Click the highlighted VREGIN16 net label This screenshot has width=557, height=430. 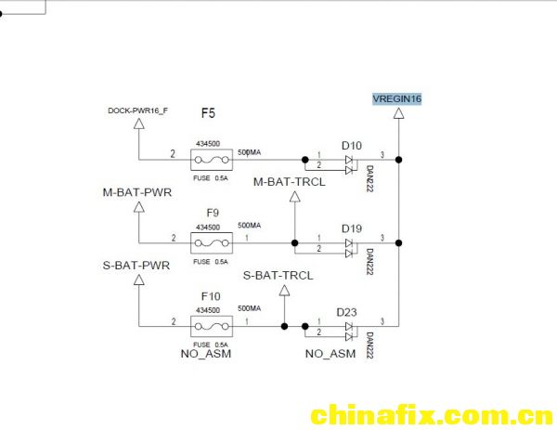[396, 98]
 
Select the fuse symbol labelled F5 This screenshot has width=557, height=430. [212, 160]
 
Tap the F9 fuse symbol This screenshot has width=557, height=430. [212, 243]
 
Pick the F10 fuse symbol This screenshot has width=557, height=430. [212, 326]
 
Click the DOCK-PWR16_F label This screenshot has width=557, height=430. [137, 111]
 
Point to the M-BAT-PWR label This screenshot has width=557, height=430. [137, 192]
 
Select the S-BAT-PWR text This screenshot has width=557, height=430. [136, 266]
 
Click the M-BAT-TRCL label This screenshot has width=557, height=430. [289, 182]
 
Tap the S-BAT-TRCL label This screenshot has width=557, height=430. [278, 276]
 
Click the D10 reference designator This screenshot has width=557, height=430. [352, 146]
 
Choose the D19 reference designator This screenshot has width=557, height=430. [352, 228]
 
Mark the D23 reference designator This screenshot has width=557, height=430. [346, 312]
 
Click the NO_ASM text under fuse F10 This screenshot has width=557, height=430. [206, 354]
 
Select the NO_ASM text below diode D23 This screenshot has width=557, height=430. [330, 354]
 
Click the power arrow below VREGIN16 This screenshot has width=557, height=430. [399, 113]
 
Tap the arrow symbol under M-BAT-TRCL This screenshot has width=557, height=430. [295, 197]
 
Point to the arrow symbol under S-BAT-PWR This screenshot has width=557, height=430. [139, 280]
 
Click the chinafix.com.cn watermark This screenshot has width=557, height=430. [432, 415]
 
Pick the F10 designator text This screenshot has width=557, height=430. [211, 296]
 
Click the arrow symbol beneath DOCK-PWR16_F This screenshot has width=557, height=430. [139, 124]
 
